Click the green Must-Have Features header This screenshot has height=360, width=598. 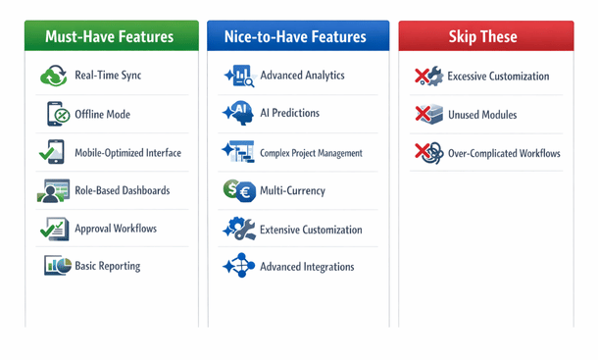click(x=109, y=37)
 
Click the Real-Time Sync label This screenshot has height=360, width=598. click(x=108, y=76)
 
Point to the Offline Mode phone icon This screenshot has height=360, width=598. click(x=55, y=114)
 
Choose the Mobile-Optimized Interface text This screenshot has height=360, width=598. click(x=127, y=152)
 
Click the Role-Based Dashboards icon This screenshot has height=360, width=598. click(x=53, y=190)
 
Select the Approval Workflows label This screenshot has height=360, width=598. click(x=116, y=229)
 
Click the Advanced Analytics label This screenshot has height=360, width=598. click(x=302, y=76)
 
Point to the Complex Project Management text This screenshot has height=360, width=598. click(x=311, y=153)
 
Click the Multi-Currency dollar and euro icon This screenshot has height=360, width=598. click(x=238, y=190)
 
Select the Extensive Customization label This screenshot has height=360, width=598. click(x=311, y=230)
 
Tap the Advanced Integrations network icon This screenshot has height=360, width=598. click(x=238, y=267)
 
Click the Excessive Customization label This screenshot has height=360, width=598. click(x=498, y=77)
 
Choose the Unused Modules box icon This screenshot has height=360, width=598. click(x=427, y=115)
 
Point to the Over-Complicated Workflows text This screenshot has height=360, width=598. click(x=504, y=153)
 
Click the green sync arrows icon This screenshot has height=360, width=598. click(x=53, y=76)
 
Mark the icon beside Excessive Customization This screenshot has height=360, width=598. click(x=427, y=77)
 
